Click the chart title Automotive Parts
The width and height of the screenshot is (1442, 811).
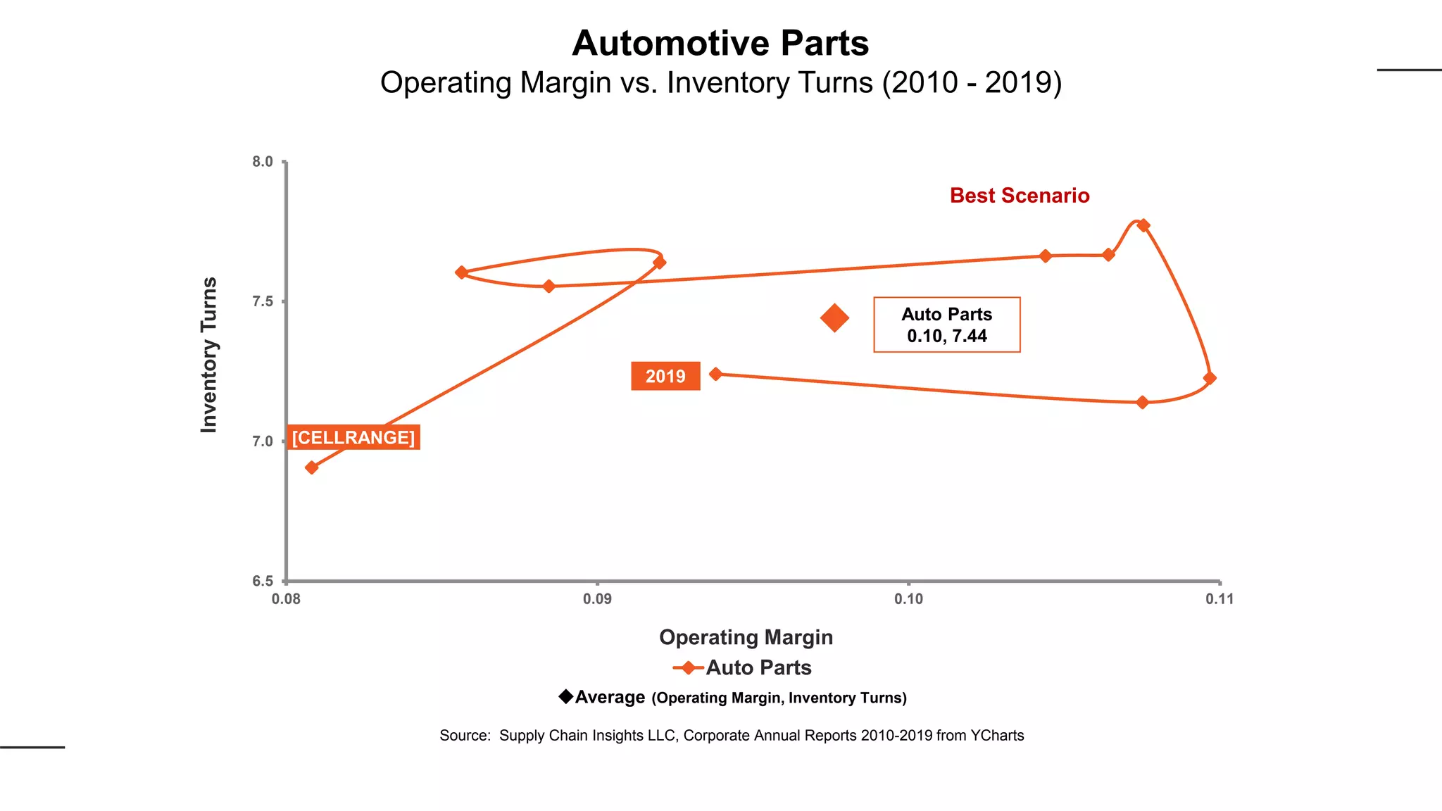pyautogui.click(x=720, y=44)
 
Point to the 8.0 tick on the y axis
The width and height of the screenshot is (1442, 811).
pyautogui.click(x=263, y=162)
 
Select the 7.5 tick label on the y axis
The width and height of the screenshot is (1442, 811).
pyautogui.click(x=263, y=302)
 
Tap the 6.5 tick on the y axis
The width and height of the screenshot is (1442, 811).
pyautogui.click(x=263, y=581)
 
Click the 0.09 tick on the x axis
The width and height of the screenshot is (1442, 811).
pyautogui.click(x=597, y=599)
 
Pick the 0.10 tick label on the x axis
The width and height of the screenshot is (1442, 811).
pyautogui.click(x=908, y=599)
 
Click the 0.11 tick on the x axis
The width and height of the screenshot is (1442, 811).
pyautogui.click(x=1220, y=599)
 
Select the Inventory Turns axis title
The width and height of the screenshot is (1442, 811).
pyautogui.click(x=209, y=355)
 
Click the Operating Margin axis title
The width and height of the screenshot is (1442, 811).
pyautogui.click(x=746, y=637)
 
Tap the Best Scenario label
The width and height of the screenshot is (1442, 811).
pyautogui.click(x=1019, y=196)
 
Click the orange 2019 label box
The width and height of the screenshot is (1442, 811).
pyautogui.click(x=665, y=376)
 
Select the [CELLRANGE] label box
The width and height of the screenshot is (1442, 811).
pyautogui.click(x=353, y=437)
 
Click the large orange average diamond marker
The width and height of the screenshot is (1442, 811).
pyautogui.click(x=834, y=318)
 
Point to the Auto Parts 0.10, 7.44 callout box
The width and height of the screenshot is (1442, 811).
pyautogui.click(x=946, y=325)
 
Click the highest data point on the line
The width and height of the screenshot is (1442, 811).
pyautogui.click(x=1143, y=225)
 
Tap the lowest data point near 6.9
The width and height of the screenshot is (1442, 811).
pyautogui.click(x=312, y=467)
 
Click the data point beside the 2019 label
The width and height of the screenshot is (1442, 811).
pyautogui.click(x=716, y=374)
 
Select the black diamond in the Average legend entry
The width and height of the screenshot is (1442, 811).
pyautogui.click(x=565, y=696)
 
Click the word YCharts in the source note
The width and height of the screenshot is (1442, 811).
pyautogui.click(x=996, y=736)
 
